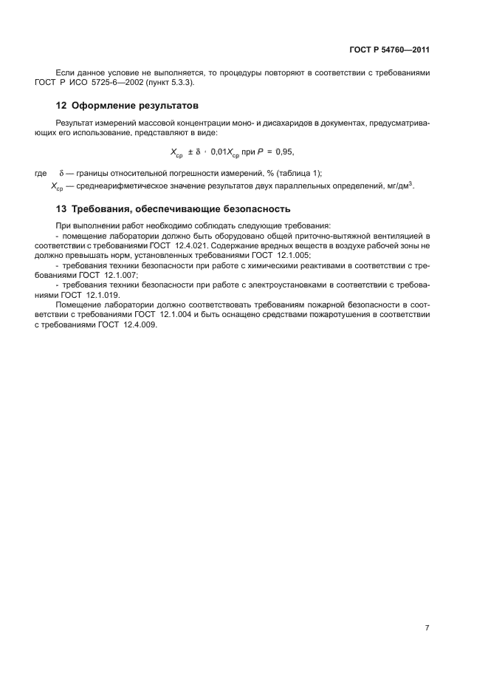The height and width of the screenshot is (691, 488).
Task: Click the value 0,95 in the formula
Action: tap(283, 152)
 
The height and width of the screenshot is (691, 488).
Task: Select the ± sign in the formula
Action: tap(190, 152)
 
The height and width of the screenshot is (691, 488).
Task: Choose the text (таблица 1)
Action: tap(300, 172)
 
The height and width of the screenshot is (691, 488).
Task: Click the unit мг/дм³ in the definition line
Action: tap(397, 185)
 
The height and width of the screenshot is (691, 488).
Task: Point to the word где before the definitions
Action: tap(41, 172)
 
